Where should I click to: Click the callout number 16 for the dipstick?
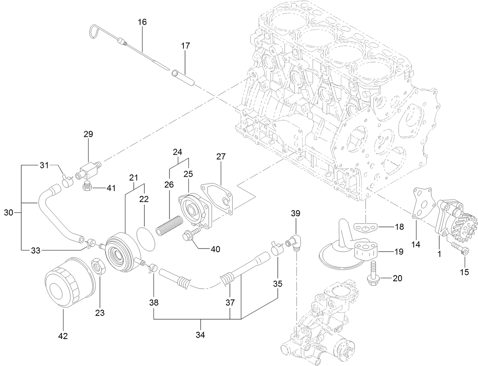142,22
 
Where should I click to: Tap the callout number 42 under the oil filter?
63,336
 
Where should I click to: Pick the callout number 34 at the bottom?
200,335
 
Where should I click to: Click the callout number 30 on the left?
8,213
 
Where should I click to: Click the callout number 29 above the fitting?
88,134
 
